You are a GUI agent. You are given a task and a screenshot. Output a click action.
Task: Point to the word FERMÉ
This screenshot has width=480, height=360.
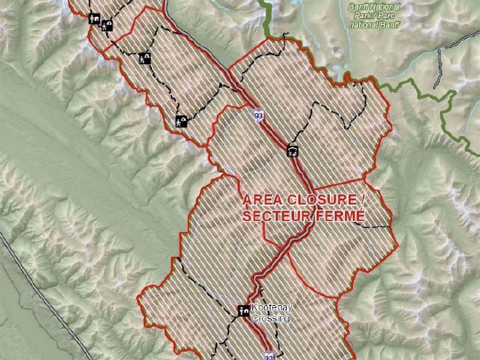340,216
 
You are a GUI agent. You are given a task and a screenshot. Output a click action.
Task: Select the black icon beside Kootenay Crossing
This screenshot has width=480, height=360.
243,311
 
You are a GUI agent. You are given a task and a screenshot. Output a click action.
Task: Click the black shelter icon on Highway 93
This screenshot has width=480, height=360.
292,151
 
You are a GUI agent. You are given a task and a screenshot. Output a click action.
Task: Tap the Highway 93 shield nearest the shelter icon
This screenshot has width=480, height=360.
259,115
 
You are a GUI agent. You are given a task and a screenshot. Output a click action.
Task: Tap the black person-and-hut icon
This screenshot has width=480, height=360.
94,19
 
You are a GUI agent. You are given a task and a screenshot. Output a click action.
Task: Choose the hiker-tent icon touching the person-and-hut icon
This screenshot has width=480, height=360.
107,25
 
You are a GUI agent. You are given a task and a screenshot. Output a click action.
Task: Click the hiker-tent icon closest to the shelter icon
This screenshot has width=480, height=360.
181,121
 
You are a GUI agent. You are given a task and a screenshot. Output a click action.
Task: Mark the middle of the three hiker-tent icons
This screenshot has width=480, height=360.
144,59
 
